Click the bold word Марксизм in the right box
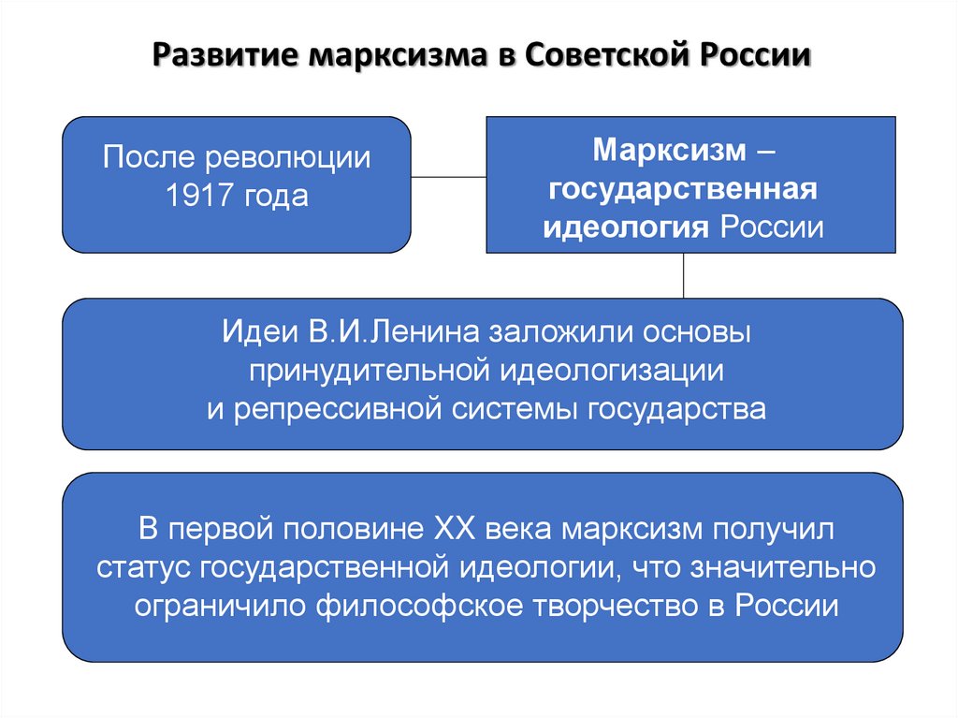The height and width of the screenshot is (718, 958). click(x=671, y=151)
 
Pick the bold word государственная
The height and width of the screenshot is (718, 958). click(x=684, y=189)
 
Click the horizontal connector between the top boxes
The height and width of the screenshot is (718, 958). click(x=448, y=175)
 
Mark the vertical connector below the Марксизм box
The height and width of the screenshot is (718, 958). click(x=684, y=275)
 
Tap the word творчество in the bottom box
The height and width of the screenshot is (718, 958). click(x=608, y=605)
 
